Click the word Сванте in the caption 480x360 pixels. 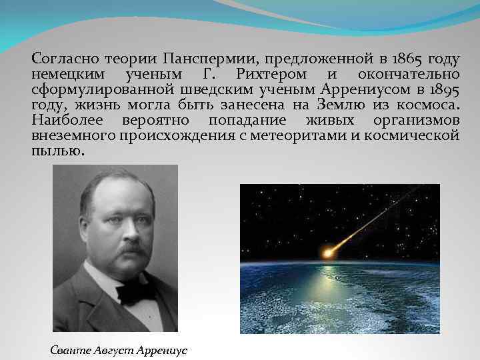point(70,349)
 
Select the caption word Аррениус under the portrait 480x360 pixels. point(163,349)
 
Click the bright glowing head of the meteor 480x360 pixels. point(327,251)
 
